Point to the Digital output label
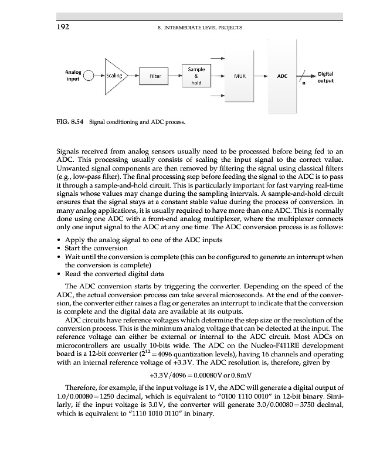click(325, 77)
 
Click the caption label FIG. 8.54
click(70, 123)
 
